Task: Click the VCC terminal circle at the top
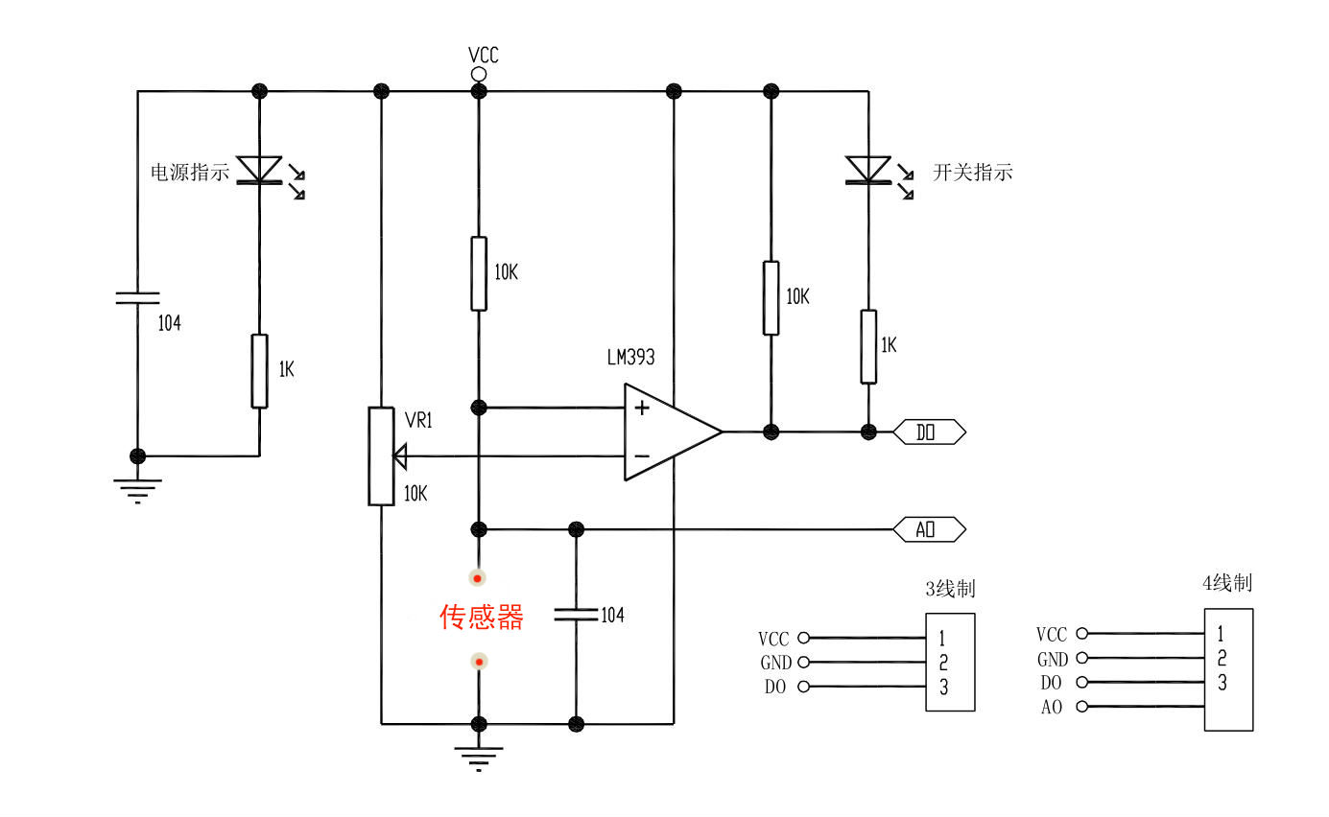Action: [x=478, y=74]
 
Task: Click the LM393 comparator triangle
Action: [x=666, y=432]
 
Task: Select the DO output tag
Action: [x=928, y=432]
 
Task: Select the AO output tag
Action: [x=928, y=529]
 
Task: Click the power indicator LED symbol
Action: [x=260, y=170]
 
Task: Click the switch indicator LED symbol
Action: [x=867, y=170]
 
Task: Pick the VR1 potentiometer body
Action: [x=381, y=455]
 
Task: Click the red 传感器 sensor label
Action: [x=482, y=617]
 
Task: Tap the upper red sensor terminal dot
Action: [x=478, y=577]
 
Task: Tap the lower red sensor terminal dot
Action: [x=478, y=662]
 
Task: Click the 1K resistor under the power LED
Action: [x=259, y=371]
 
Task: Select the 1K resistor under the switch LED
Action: [x=867, y=346]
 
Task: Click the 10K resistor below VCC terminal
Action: [x=479, y=273]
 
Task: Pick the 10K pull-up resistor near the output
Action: [x=771, y=297]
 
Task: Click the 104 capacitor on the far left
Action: [x=137, y=297]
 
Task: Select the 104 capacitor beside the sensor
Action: [x=576, y=614]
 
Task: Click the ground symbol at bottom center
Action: [x=479, y=759]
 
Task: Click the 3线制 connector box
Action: [x=950, y=662]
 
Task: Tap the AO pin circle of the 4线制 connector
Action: [x=1082, y=707]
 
